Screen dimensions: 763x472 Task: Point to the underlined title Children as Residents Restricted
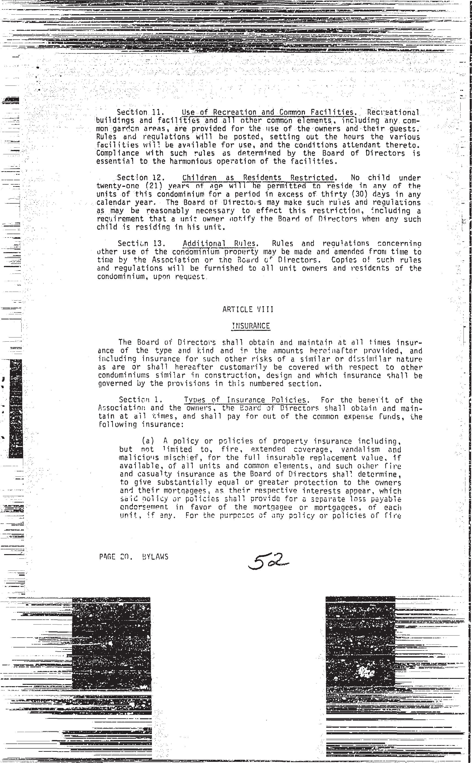pos(258,178)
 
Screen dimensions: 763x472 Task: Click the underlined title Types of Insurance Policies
pos(245,400)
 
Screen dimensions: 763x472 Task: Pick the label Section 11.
pos(138,112)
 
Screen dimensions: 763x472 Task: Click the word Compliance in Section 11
pos(118,153)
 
